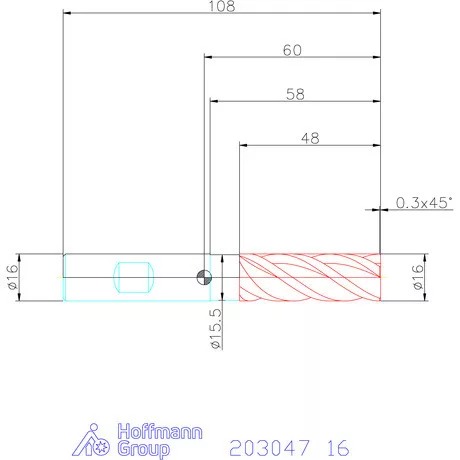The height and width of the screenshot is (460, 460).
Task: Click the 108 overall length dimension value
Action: (x=222, y=6)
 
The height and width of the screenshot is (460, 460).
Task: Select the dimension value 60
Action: (x=292, y=50)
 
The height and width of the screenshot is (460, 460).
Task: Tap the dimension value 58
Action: (x=295, y=94)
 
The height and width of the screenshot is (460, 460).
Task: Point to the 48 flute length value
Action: (x=310, y=138)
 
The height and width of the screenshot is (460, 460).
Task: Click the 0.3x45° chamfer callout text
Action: (x=424, y=203)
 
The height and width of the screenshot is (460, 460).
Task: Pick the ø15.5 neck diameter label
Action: (x=216, y=329)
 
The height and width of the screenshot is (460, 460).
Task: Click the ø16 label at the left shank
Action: (x=13, y=277)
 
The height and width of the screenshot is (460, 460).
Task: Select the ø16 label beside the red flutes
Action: (x=417, y=277)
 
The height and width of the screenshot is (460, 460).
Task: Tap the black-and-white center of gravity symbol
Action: (x=204, y=277)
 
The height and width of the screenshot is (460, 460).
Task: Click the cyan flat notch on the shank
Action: (x=134, y=277)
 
